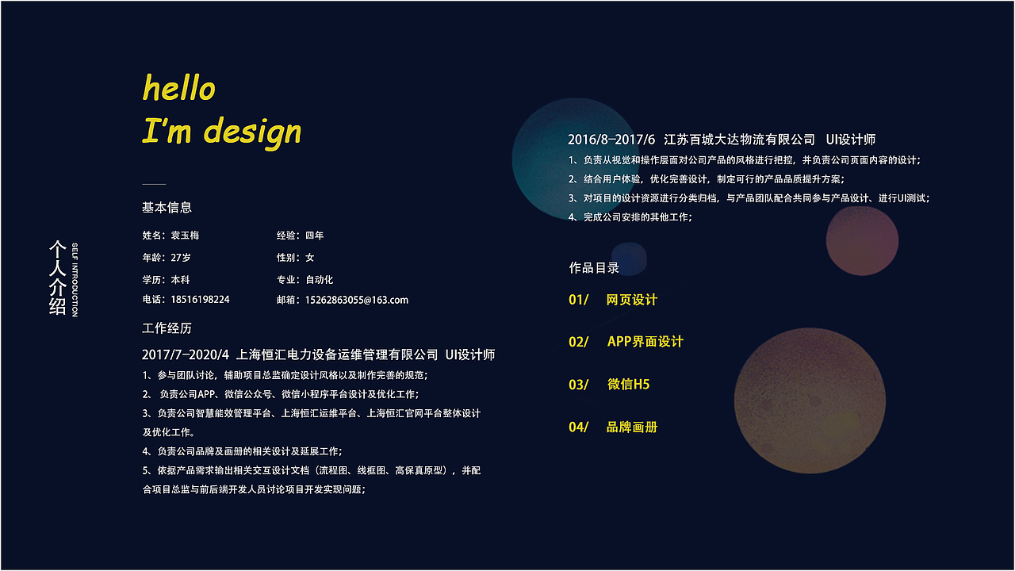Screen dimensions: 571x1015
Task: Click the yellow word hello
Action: tap(178, 88)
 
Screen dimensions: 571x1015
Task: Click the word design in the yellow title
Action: tap(252, 131)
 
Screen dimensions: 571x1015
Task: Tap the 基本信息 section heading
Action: tap(167, 208)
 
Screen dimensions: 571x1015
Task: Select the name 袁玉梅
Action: tap(185, 236)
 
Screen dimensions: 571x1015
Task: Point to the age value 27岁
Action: tap(181, 258)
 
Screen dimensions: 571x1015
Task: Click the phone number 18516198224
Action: tap(200, 300)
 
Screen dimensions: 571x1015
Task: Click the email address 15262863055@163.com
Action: tap(357, 300)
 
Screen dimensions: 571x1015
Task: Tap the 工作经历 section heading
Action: tap(167, 328)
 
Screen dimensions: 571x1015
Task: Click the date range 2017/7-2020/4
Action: tap(185, 354)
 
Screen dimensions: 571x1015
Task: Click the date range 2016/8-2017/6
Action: tap(611, 140)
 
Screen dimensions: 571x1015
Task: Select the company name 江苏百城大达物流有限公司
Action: tap(739, 140)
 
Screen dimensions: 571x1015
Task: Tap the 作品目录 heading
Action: tap(594, 268)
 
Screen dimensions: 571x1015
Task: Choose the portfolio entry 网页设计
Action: tap(632, 300)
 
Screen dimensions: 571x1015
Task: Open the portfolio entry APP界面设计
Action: tap(645, 342)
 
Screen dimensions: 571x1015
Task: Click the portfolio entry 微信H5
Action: tap(628, 385)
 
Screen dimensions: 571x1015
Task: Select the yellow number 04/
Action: tap(578, 427)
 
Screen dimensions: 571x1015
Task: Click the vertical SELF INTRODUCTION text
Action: tap(75, 279)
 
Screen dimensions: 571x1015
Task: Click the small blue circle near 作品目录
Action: tap(629, 257)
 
